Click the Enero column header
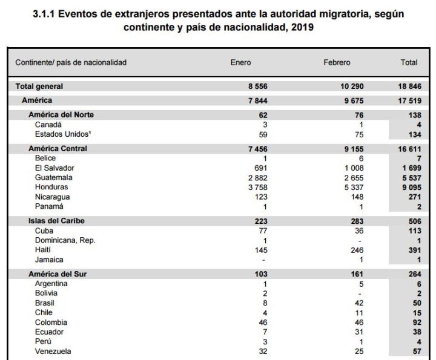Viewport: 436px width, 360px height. pyautogui.click(x=240, y=62)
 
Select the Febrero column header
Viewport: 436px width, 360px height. pyautogui.click(x=337, y=62)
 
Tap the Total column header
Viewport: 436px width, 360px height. pyautogui.click(x=409, y=62)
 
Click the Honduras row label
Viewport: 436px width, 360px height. pyautogui.click(x=51, y=188)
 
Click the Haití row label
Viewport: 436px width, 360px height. pyautogui.click(x=44, y=250)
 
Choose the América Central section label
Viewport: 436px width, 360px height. pyautogui.click(x=58, y=148)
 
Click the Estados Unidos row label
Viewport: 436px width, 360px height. pyautogui.click(x=61, y=134)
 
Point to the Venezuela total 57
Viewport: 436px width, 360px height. pyautogui.click(x=415, y=352)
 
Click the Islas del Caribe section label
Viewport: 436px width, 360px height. pyautogui.click(x=56, y=220)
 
